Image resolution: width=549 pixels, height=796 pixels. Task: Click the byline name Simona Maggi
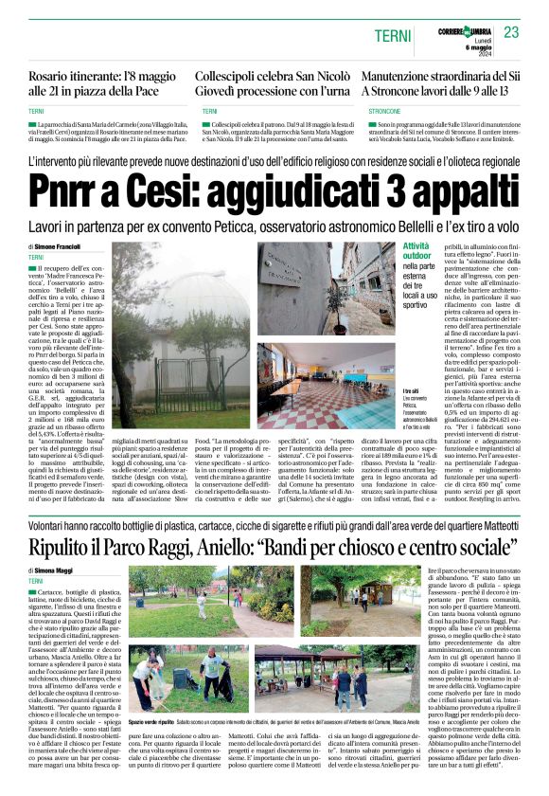pyautogui.click(x=56, y=570)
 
